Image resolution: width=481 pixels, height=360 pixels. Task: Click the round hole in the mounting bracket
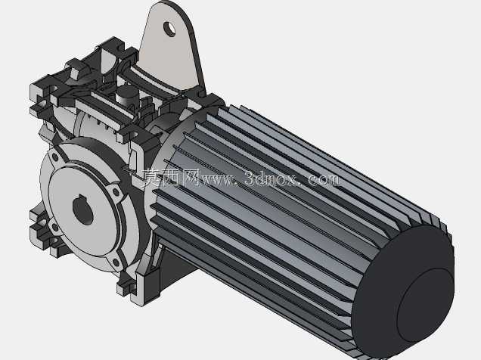point(169,29)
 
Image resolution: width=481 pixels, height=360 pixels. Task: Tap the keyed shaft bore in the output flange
point(83,210)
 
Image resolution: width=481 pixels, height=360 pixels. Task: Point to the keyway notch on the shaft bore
point(81,197)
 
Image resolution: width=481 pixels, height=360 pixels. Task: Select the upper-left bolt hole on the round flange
point(55,157)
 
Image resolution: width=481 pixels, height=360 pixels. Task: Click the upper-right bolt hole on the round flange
point(116,192)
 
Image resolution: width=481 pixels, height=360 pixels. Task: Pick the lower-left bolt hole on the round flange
point(55,227)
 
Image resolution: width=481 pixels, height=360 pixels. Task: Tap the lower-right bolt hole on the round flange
point(116,262)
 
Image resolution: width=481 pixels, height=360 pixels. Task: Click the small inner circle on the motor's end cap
point(426,306)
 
